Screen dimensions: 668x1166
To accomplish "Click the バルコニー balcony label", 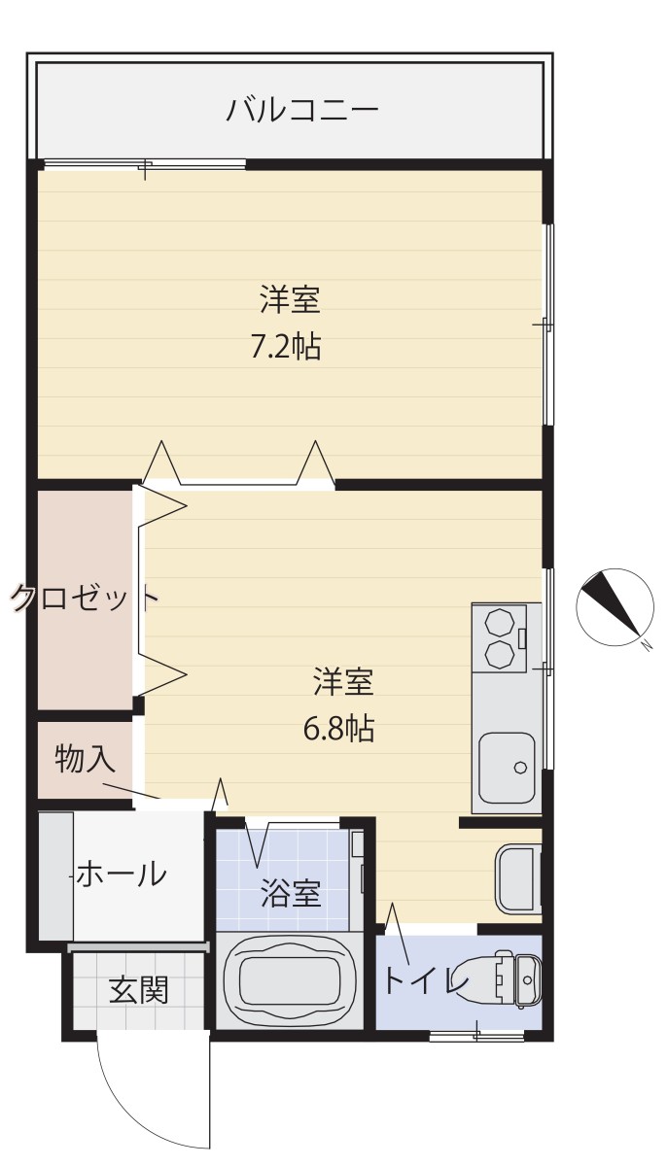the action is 302,110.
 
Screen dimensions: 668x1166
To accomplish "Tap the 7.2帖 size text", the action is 286,346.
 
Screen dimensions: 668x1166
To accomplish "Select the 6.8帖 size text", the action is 338,730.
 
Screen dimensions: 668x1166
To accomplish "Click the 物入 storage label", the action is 85,759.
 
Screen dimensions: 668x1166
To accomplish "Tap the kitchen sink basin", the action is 507,768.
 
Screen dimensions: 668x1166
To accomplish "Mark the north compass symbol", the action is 615,607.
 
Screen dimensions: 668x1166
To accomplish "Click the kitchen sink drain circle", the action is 519,767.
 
